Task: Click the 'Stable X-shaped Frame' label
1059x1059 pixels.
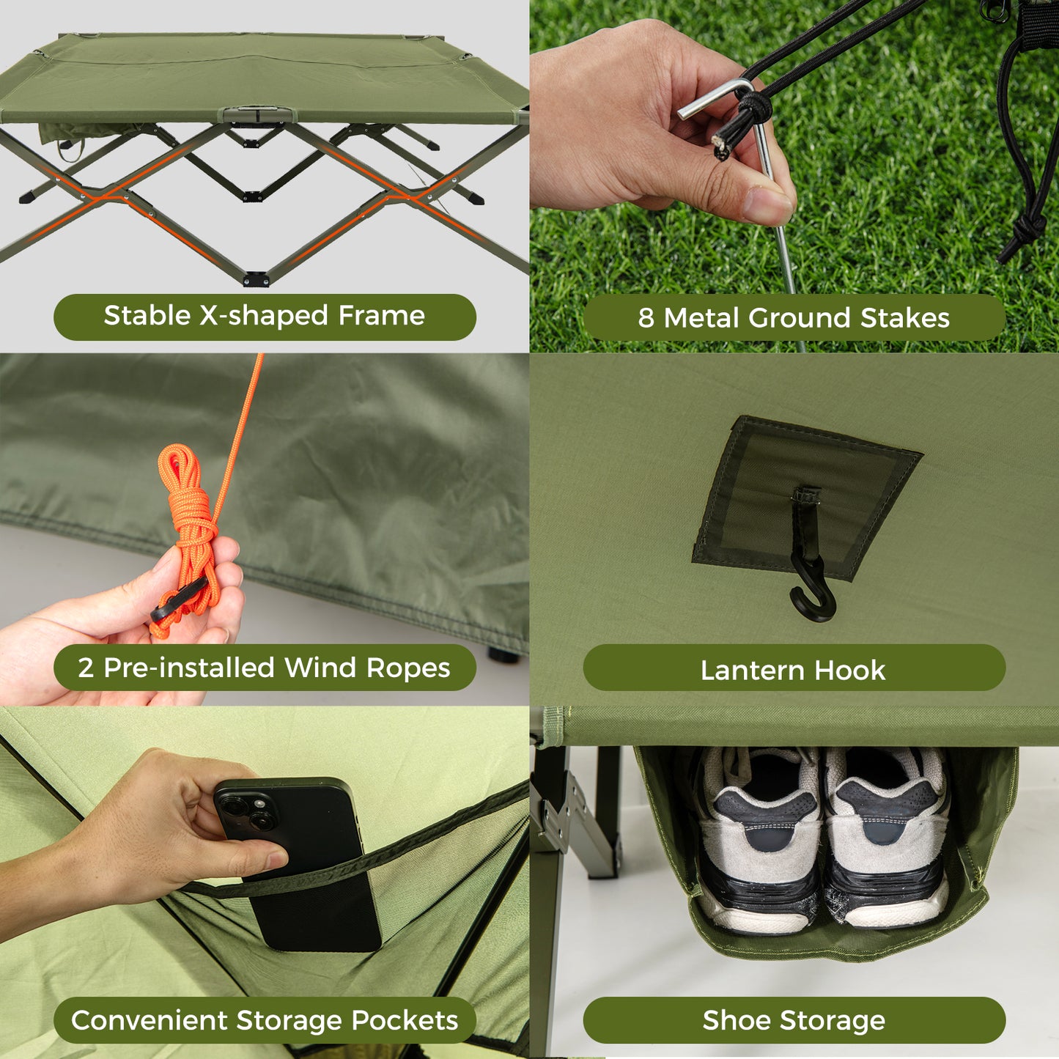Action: click(x=264, y=317)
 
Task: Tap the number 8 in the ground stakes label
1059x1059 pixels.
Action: click(x=646, y=318)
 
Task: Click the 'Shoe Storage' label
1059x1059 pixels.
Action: click(x=794, y=1020)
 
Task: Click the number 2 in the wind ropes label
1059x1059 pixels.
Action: click(x=86, y=668)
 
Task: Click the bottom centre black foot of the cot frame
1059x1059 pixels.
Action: click(x=256, y=278)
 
